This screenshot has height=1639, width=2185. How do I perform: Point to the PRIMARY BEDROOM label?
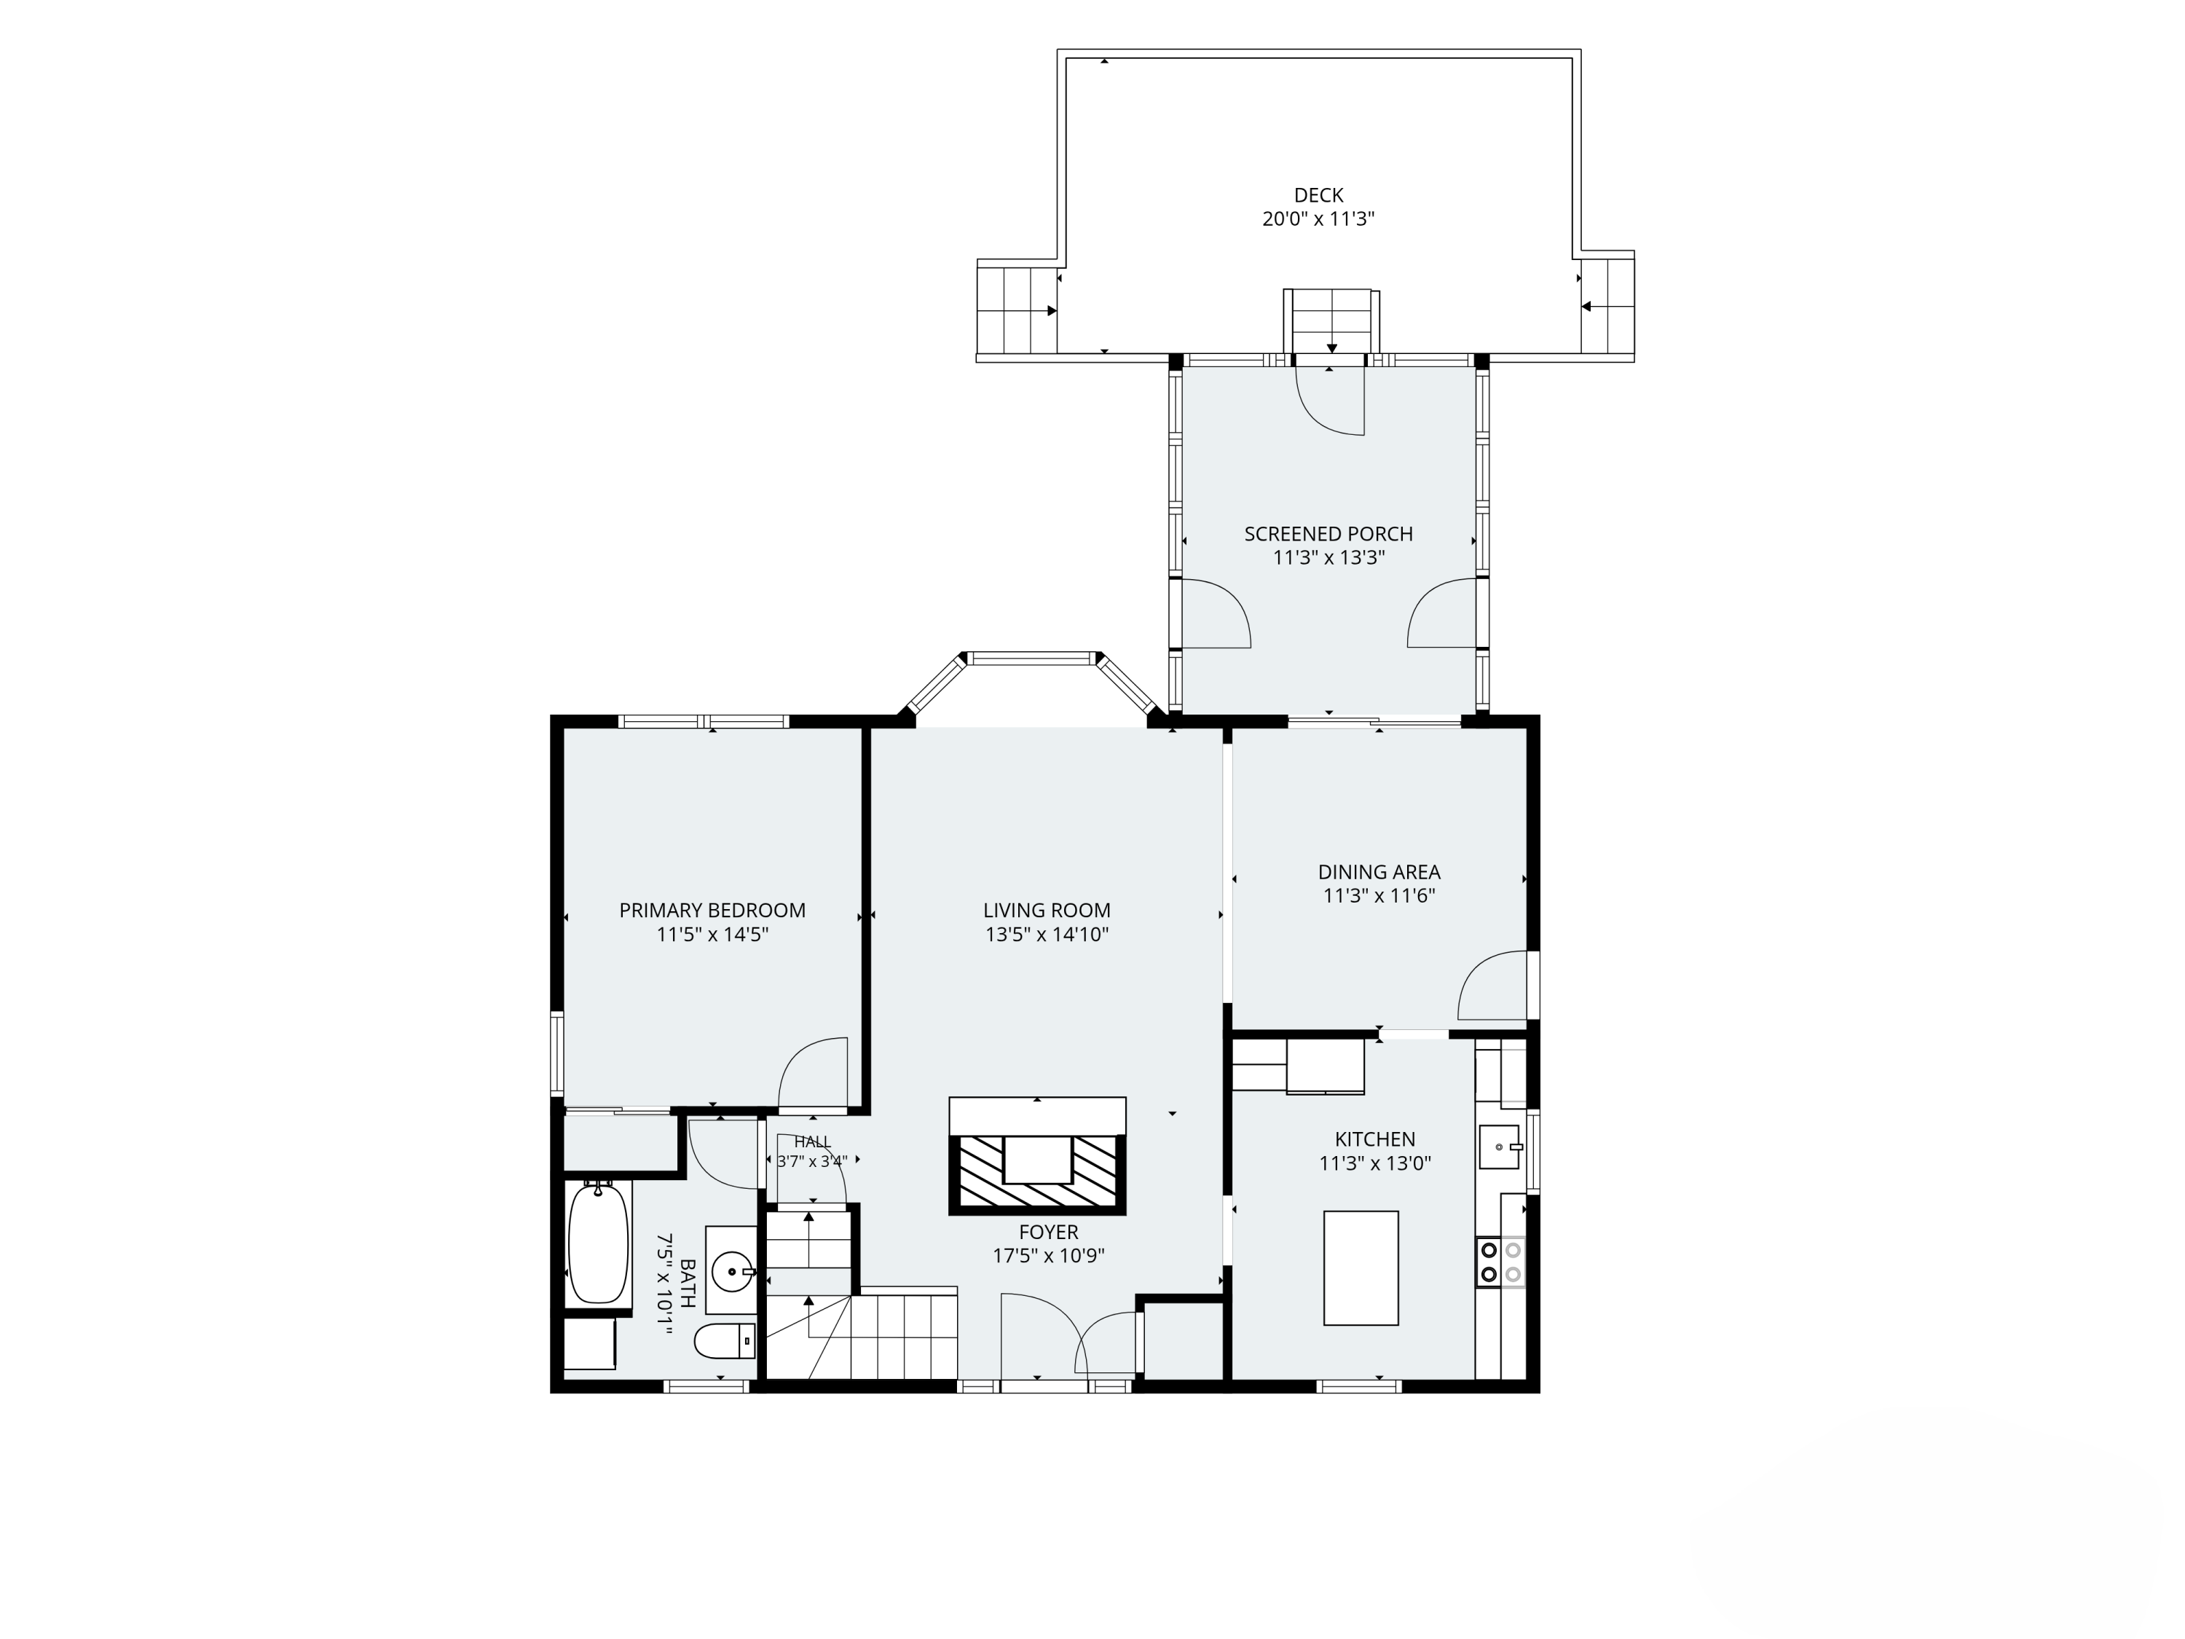point(712,911)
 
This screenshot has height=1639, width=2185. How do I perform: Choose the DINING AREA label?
point(1379,873)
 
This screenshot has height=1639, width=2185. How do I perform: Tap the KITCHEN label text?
point(1375,1139)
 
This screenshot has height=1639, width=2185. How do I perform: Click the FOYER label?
point(1049,1232)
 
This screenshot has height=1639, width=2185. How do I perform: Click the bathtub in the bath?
point(598,1243)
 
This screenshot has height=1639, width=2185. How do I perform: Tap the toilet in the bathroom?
point(725,1342)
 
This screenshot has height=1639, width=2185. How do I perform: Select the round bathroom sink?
point(733,1271)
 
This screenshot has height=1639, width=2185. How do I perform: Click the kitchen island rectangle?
point(1361,1267)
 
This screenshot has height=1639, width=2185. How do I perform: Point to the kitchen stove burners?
point(1500,1262)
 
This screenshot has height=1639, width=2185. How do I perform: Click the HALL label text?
point(812,1142)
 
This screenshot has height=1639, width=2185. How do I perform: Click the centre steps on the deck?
point(1331,322)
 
